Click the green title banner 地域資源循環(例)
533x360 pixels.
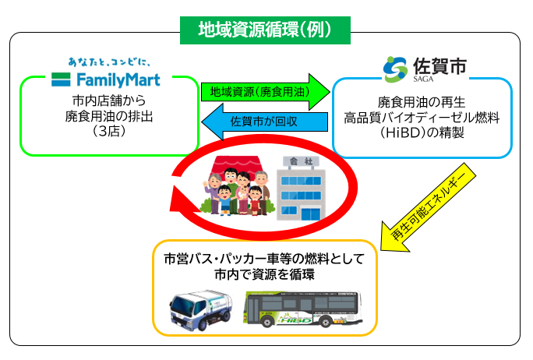click(265, 30)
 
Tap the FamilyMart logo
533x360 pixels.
click(108, 78)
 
